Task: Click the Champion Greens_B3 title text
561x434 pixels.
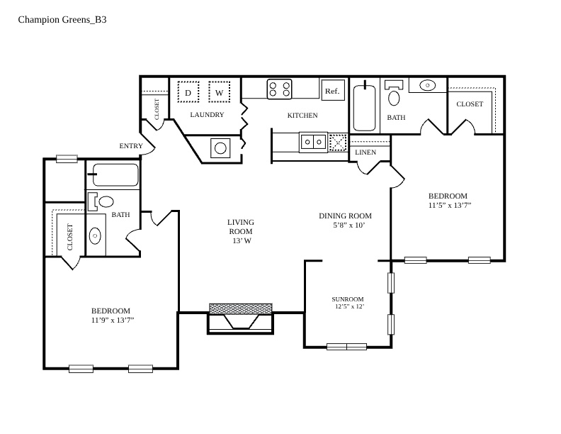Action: coord(62,20)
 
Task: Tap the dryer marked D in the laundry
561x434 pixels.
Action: coord(188,92)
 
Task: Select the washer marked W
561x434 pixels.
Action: coord(220,92)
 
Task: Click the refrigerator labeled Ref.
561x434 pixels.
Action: coord(333,90)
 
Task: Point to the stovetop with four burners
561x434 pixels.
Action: coord(279,89)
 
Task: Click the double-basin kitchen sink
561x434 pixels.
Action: coord(313,142)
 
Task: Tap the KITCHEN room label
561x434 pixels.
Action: coord(302,116)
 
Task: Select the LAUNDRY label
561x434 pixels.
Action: coord(207,115)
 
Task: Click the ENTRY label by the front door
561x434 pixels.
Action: coord(131,146)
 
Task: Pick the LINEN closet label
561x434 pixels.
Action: coord(365,152)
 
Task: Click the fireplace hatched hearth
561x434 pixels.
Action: coord(240,308)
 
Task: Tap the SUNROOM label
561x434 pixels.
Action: coord(347,299)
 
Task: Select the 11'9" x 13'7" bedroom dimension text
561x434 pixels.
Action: coord(113,320)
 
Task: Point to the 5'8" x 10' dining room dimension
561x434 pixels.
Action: coord(348,226)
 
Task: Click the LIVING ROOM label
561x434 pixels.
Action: coord(241,227)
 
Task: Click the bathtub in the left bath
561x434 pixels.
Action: coord(115,174)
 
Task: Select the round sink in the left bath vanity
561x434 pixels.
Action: coord(95,235)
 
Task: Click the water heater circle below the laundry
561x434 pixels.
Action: coord(220,148)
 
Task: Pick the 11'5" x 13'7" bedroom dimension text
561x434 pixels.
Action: coord(450,205)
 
